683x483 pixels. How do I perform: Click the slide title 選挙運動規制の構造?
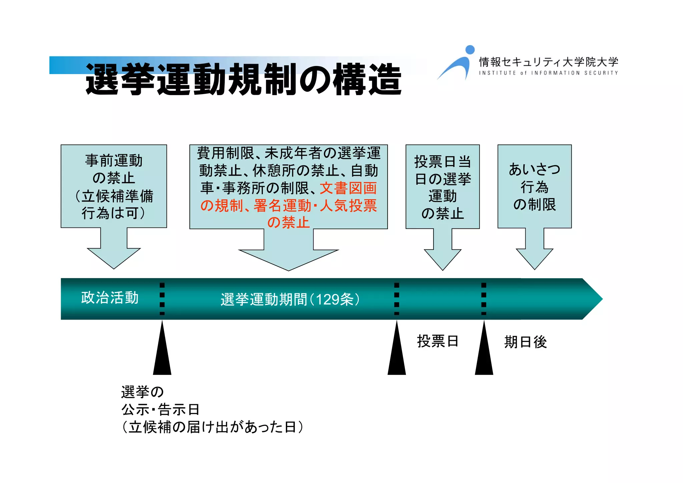click(x=243, y=79)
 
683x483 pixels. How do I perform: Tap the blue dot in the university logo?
click(x=470, y=50)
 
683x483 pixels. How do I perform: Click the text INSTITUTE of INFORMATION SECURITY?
click(x=548, y=73)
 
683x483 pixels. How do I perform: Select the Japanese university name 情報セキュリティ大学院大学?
click(x=549, y=62)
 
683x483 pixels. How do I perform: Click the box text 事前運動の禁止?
click(x=114, y=169)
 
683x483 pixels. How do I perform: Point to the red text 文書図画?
click(x=348, y=188)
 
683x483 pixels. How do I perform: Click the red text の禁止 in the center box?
click(x=288, y=222)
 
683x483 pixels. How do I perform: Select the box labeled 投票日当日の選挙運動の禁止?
click(x=443, y=187)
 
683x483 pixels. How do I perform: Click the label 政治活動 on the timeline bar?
click(x=110, y=298)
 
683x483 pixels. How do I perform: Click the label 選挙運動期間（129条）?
click(x=290, y=299)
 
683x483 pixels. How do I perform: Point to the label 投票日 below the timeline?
click(x=438, y=341)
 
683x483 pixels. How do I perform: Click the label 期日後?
click(x=525, y=342)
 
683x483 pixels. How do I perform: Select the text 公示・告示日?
click(x=160, y=409)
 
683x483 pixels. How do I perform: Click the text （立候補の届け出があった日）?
click(x=212, y=427)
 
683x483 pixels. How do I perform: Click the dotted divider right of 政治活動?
click(x=162, y=299)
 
